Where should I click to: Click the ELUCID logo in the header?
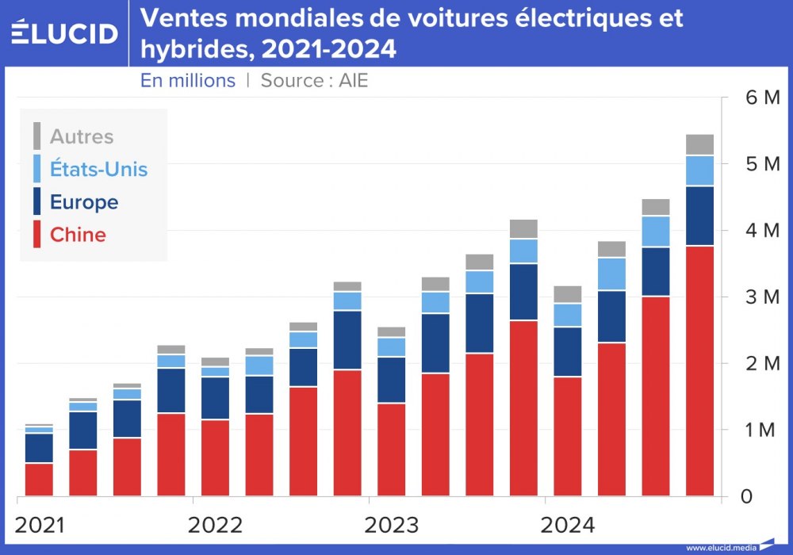coord(64,33)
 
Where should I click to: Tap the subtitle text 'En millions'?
coord(188,81)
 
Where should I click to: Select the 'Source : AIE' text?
coord(314,81)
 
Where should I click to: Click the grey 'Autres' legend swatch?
coord(36,136)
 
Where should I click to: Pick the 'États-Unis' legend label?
coord(98,169)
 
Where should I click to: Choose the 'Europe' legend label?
coord(84,202)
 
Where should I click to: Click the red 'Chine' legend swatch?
coord(36,235)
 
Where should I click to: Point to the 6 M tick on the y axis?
coord(758,98)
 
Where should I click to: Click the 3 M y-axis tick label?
coord(758,297)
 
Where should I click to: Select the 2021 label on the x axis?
coord(41,525)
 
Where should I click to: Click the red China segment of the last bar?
coord(699,373)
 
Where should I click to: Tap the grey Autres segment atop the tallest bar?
coord(699,144)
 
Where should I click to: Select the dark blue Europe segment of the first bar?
coord(39,448)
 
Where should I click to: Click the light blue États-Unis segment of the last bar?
coord(699,170)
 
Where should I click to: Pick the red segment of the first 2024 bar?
coord(568,436)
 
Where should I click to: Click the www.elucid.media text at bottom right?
coord(720,548)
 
